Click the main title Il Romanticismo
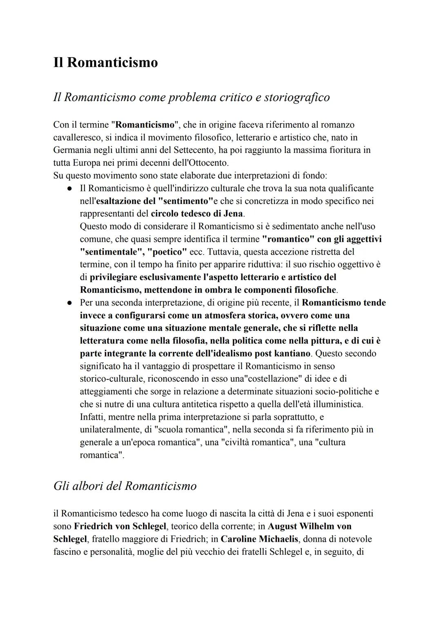(x=105, y=62)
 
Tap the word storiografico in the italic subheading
(x=297, y=97)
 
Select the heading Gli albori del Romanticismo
(x=125, y=486)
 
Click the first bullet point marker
(x=70, y=189)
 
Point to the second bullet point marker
(x=70, y=303)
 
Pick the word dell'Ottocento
(x=201, y=163)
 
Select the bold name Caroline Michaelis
(x=259, y=539)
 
